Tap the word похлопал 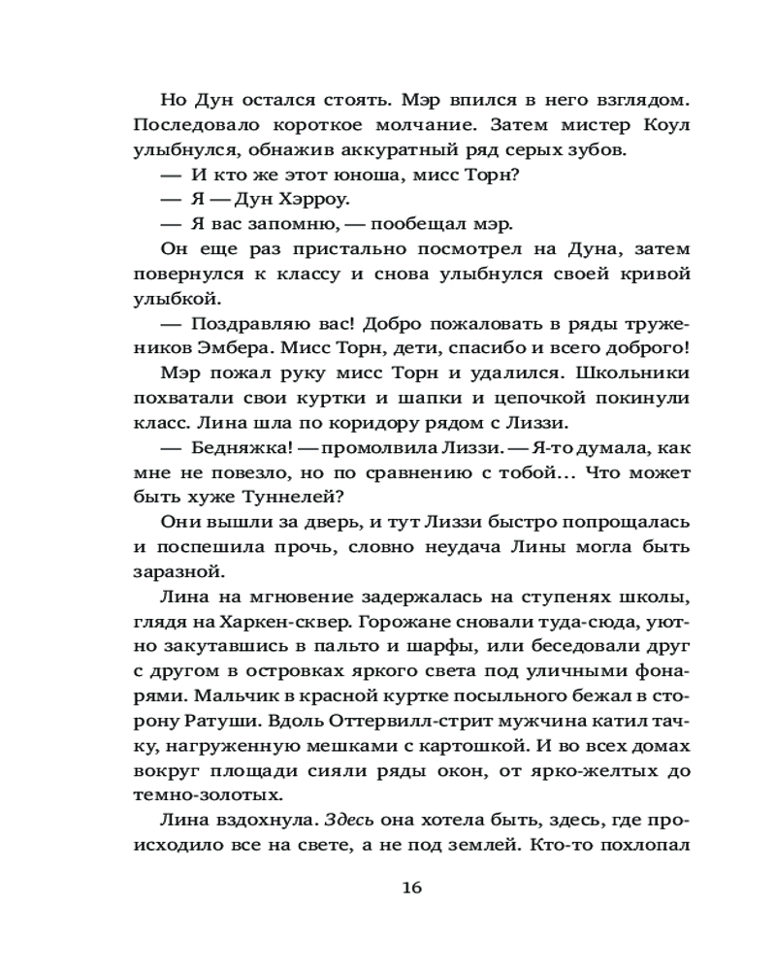pyautogui.click(x=643, y=844)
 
